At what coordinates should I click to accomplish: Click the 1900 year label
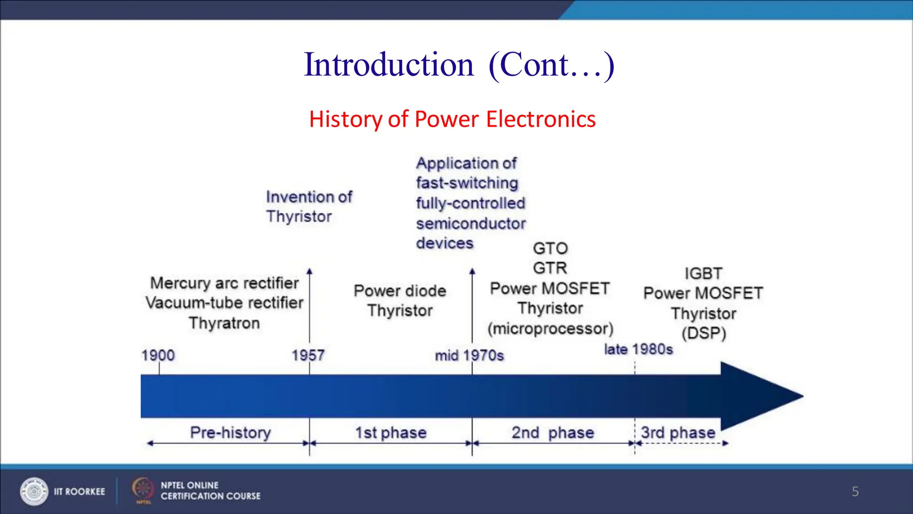point(158,356)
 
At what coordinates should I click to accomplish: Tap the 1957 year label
point(308,356)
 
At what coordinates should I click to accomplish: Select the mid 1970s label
point(469,356)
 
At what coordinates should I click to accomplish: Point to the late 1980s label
point(638,349)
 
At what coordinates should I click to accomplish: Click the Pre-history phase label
point(230,432)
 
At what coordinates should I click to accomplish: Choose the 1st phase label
point(391,432)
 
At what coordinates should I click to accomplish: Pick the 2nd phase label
point(553,432)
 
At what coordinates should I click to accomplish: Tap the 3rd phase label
point(678,432)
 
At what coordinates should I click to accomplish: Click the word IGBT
point(703,273)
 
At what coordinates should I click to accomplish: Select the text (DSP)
point(704,333)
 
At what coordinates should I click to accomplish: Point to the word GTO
point(551,248)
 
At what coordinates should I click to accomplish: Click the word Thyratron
point(224,323)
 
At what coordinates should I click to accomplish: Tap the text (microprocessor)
point(551,329)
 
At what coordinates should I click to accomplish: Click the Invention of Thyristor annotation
point(309,207)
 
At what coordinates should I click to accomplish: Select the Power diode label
point(400,291)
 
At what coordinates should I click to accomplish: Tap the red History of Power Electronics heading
point(452,119)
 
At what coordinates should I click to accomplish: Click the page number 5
point(855,491)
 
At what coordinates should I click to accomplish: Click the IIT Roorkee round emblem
point(34,491)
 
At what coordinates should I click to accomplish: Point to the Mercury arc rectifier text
point(224,283)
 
